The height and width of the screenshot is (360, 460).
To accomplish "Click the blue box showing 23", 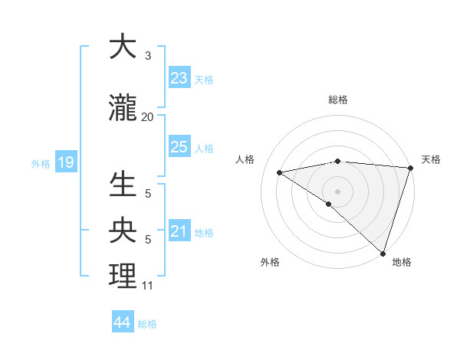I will [179, 78].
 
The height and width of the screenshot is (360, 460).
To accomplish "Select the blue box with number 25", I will [179, 147].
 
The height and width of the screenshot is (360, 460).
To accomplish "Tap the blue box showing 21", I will [179, 231].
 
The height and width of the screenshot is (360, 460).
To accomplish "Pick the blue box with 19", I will [65, 162].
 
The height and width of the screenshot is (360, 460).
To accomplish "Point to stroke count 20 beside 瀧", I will [147, 116].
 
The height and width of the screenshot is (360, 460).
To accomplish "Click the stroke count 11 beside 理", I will [147, 286].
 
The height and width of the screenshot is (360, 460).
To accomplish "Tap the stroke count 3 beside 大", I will [147, 56].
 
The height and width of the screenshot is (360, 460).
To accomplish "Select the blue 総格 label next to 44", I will [147, 324].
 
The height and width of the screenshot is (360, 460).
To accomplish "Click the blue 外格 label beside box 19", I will [40, 163].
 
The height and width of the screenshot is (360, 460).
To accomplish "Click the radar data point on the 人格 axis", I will [280, 172].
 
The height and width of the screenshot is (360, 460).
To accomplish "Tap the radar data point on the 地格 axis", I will [383, 254].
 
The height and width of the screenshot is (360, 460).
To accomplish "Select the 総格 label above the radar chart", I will [337, 100].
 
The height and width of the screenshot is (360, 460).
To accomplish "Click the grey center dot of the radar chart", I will [337, 191].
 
